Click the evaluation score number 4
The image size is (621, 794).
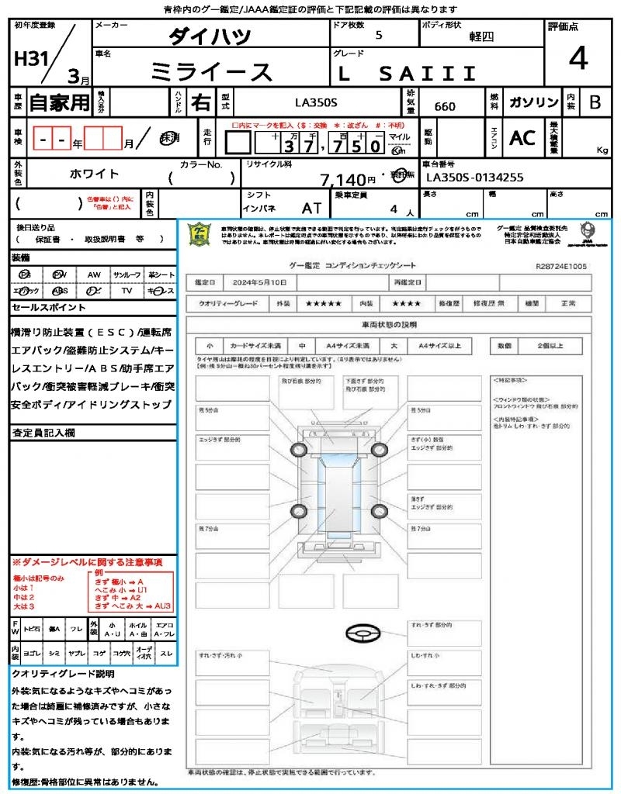577,60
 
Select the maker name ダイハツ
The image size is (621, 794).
210,36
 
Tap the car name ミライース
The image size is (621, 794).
211,72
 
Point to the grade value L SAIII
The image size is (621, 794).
408,74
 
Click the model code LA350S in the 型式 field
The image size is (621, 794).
316,102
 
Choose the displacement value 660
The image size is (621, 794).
445,107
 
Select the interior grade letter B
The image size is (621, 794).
595,102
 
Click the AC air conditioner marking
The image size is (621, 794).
522,138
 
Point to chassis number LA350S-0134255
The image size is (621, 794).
475,178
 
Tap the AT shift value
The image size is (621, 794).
312,209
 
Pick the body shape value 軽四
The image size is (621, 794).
481,36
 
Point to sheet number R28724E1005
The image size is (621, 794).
561,266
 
